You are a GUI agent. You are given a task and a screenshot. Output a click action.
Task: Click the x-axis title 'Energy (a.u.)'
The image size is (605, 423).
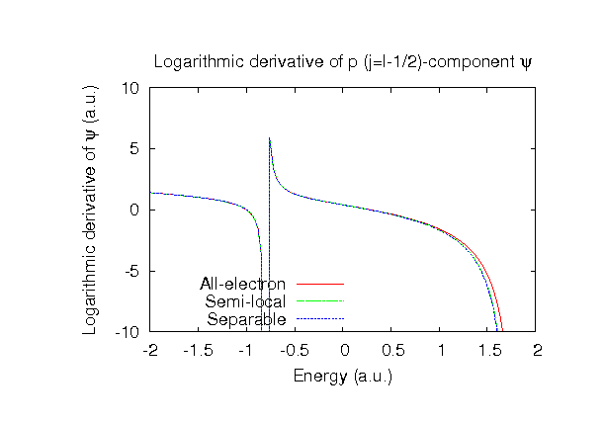point(343,376)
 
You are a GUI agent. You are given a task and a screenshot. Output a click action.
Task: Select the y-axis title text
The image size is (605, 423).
point(91,210)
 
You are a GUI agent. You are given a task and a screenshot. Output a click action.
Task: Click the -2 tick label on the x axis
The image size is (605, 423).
point(150,351)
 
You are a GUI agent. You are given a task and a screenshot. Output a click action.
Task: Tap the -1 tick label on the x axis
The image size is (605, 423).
point(247,351)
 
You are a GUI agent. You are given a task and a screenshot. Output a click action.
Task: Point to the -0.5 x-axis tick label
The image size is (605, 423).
point(296,351)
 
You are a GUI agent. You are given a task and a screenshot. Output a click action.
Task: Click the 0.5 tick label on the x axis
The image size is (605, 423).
point(392,351)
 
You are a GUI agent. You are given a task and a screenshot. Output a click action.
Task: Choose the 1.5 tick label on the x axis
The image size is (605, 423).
point(489,351)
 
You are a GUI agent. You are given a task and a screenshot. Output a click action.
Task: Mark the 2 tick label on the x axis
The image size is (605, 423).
point(538,351)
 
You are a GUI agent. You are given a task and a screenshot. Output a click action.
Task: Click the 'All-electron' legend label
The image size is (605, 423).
point(243,285)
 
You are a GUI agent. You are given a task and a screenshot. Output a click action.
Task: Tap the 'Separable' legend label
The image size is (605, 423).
point(247,319)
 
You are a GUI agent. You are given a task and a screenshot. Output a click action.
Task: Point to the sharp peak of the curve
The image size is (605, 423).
point(270,137)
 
